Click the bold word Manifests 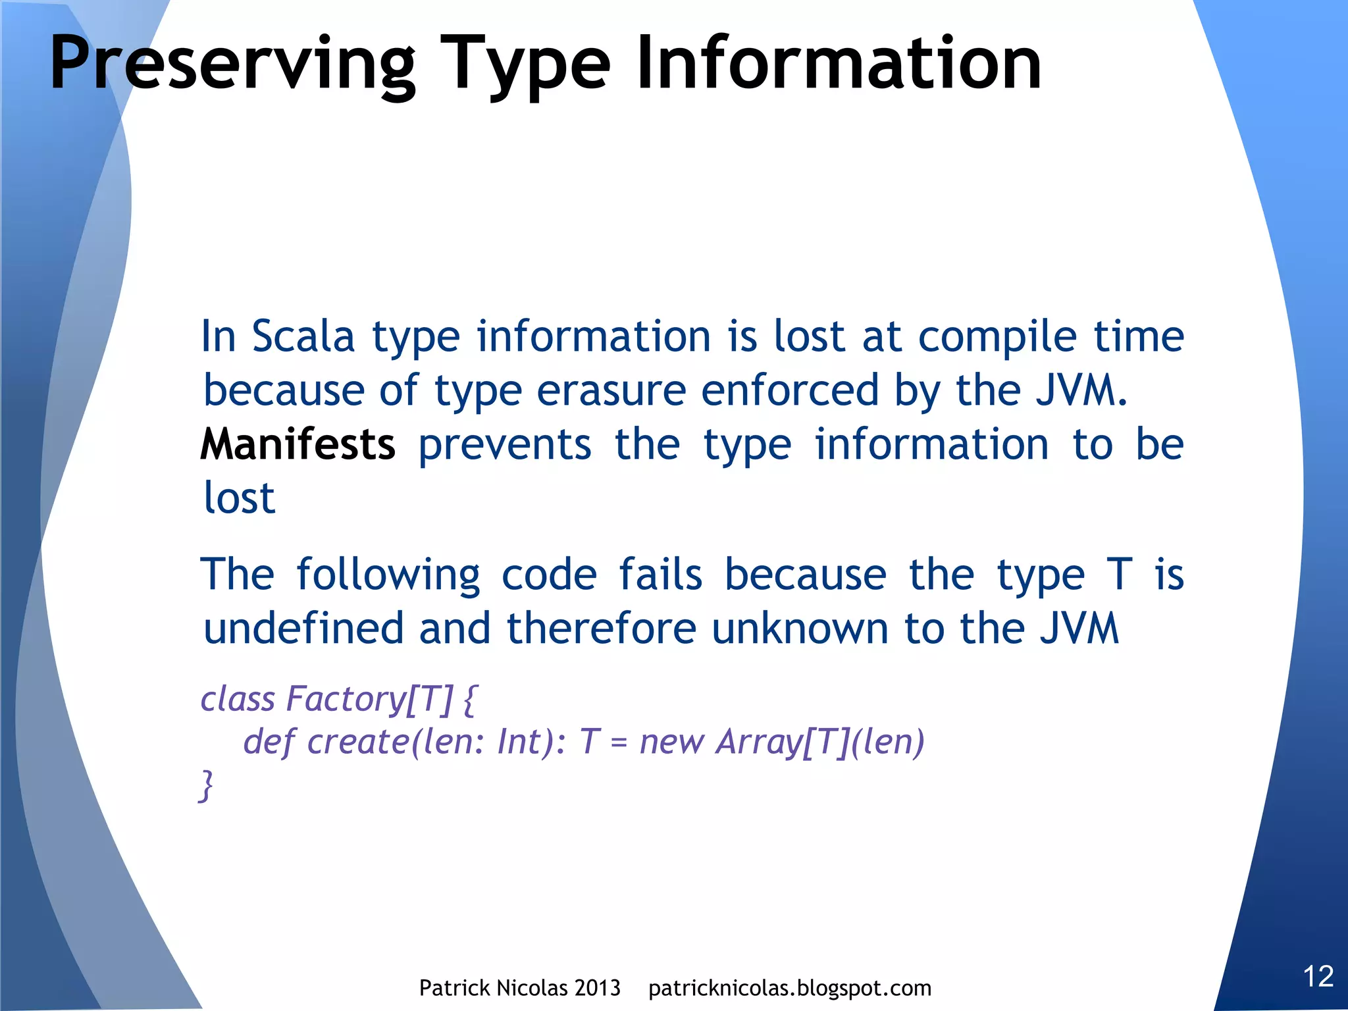(x=298, y=444)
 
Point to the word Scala (x=303, y=336)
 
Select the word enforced (x=790, y=390)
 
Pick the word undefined (x=303, y=628)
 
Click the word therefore (x=601, y=628)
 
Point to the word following (x=388, y=575)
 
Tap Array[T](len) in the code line (x=820, y=742)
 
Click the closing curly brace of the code (x=206, y=785)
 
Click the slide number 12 (x=1318, y=976)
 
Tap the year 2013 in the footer (x=596, y=988)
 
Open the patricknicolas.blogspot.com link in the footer (x=789, y=988)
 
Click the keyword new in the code (x=672, y=742)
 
